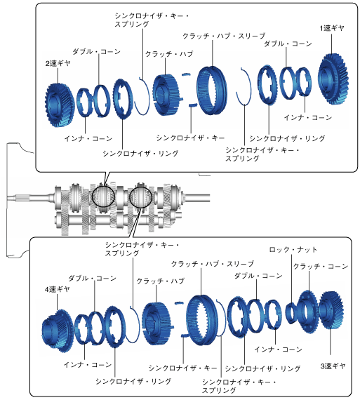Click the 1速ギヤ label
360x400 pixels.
click(x=332, y=28)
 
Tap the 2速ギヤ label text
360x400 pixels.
click(x=58, y=63)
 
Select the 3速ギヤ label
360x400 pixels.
click(x=333, y=366)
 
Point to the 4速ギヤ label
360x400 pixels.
click(x=57, y=289)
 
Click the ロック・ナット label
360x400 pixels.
click(x=293, y=250)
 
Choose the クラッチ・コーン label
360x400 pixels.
click(x=321, y=267)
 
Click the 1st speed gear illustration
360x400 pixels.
click(x=333, y=79)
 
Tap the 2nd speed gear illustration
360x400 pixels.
click(x=60, y=105)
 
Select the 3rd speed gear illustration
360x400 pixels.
click(x=331, y=310)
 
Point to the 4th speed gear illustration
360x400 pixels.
click(x=58, y=331)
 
